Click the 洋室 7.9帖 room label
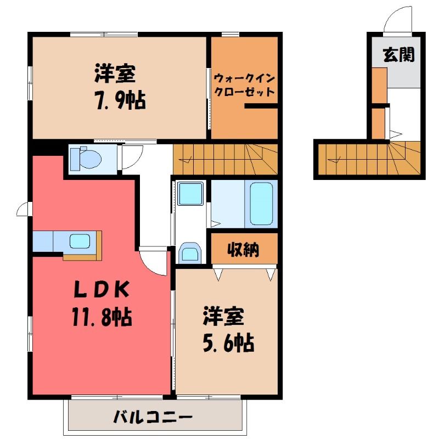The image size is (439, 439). point(120,87)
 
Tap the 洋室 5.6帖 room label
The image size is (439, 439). point(228,330)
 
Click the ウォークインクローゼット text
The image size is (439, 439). point(244,85)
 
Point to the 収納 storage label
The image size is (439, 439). point(243,249)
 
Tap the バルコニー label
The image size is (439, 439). point(153,417)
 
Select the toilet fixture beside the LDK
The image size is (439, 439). point(86,159)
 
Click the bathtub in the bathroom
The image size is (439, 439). point(262,204)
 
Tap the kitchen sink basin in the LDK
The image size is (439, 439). point(80,241)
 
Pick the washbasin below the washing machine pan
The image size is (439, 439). point(190,253)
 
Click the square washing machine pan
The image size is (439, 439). point(190,194)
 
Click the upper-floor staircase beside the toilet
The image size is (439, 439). point(226,159)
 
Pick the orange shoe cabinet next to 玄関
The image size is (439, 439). point(379,86)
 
